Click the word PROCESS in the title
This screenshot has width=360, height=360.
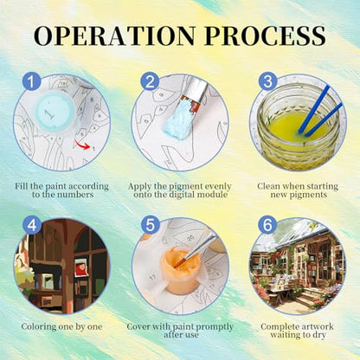265,36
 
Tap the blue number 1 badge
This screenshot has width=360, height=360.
32,81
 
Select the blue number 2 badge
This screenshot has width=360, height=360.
150,81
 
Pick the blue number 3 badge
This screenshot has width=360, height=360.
267,80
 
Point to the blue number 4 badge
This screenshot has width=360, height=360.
32,225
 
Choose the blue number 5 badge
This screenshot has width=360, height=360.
150,225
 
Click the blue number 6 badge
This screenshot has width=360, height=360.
267,225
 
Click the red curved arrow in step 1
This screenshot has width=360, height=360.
82,145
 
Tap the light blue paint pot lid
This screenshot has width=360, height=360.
54,112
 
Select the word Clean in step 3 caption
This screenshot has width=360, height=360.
268,186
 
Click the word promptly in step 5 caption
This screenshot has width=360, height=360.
214,327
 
